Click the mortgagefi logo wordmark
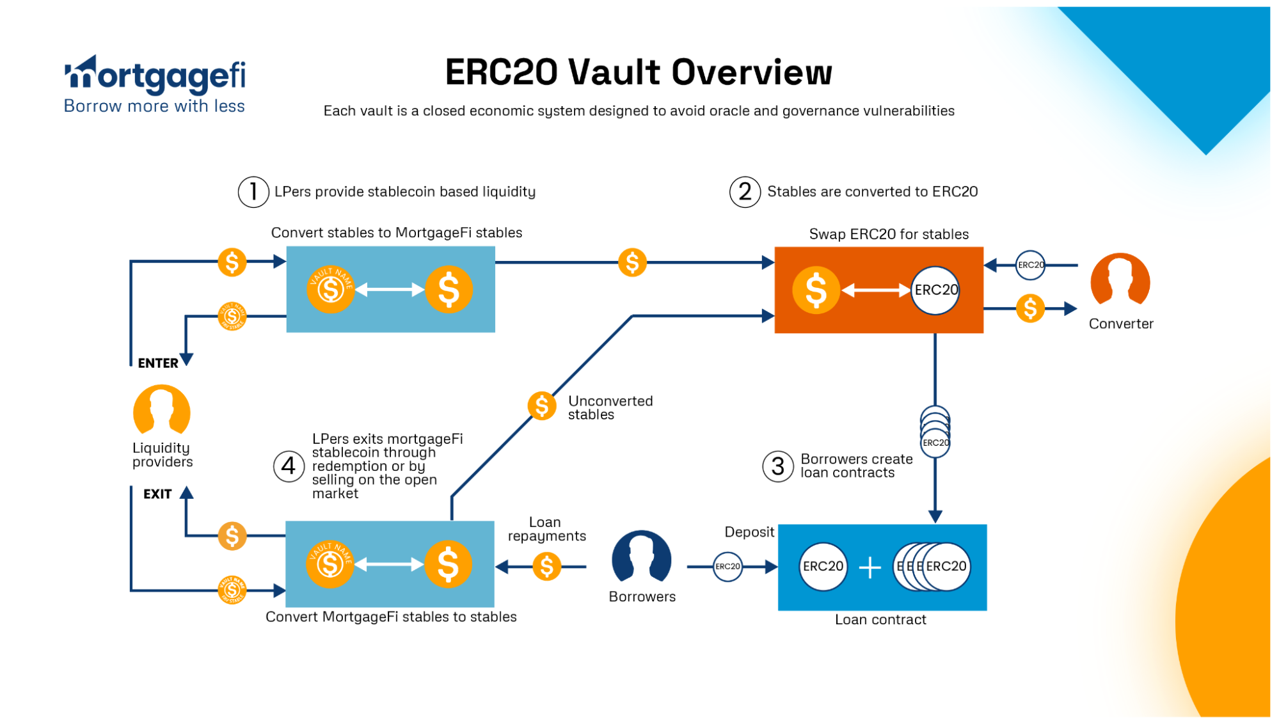155,75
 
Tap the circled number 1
253,192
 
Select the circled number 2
745,192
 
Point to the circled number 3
777,466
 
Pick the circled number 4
289,466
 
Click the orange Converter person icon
1120,280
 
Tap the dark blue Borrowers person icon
641,557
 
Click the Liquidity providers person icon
161,410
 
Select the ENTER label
158,363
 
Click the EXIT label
157,494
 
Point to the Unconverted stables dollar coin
541,406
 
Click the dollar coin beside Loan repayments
546,567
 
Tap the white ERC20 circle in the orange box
935,290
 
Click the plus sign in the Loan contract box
870,567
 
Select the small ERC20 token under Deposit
727,567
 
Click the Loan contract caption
880,620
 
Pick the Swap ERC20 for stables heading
889,234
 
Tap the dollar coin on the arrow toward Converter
1030,309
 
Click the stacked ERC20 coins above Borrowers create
935,431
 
